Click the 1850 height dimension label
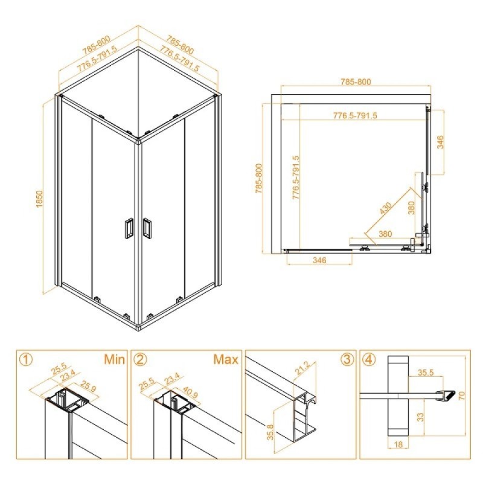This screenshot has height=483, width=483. point(39,199)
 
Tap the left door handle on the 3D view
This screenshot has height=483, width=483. point(129,228)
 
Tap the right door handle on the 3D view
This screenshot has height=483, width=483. point(147,228)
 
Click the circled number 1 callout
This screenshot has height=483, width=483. point(27,359)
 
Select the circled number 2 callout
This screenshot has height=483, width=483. point(141,359)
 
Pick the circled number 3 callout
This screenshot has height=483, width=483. point(347,359)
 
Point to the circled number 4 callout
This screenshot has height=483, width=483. point(369,359)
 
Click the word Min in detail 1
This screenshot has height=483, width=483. point(114,359)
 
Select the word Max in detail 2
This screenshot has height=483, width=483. point(226,359)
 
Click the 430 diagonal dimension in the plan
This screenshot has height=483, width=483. point(385,208)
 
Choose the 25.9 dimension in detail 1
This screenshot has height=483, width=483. point(88,386)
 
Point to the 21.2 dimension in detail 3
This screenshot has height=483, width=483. point(303,368)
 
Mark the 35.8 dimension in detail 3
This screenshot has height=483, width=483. point(270,432)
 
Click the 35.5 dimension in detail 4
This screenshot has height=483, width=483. point(426,373)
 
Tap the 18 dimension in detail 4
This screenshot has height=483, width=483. point(398,445)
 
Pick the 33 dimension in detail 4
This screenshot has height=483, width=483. point(420,417)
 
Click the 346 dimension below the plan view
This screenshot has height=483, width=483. point(319,260)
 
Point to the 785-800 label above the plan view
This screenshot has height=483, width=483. point(356,82)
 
